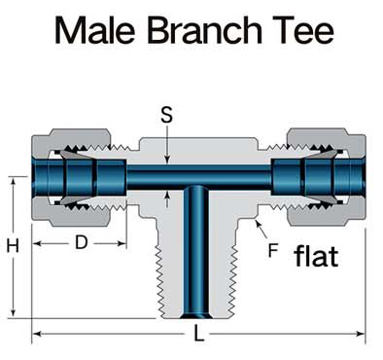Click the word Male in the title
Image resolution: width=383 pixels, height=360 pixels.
point(94,30)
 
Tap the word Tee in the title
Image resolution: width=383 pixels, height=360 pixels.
point(301,30)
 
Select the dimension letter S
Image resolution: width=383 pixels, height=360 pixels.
point(167,115)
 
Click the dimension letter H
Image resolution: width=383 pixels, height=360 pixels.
point(14,246)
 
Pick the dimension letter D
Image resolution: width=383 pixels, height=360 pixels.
point(82,242)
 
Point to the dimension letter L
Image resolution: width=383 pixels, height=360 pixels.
point(198,332)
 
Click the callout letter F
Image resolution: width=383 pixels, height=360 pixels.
point(273,250)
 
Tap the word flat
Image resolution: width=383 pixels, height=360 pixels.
point(316,256)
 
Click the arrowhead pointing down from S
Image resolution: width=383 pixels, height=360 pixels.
point(167,160)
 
